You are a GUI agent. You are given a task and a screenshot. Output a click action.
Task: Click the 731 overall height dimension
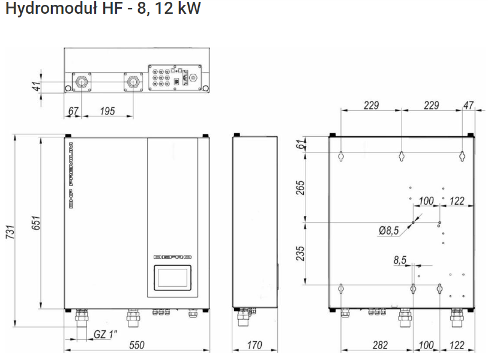(x=10, y=232)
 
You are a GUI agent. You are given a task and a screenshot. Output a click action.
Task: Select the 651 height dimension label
(x=36, y=223)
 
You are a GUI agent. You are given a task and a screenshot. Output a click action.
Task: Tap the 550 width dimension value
(x=137, y=345)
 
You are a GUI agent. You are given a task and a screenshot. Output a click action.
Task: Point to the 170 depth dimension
(x=255, y=345)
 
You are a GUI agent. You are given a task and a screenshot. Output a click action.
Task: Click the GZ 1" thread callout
(x=106, y=334)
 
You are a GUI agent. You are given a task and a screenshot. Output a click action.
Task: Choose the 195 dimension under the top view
(x=107, y=111)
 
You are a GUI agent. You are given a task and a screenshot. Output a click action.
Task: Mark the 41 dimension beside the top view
(x=37, y=86)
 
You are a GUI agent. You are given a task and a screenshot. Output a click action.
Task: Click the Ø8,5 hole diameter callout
(x=389, y=230)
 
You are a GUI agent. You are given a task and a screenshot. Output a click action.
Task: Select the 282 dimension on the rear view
(x=381, y=345)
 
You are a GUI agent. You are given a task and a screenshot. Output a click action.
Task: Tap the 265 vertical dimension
(x=300, y=188)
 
